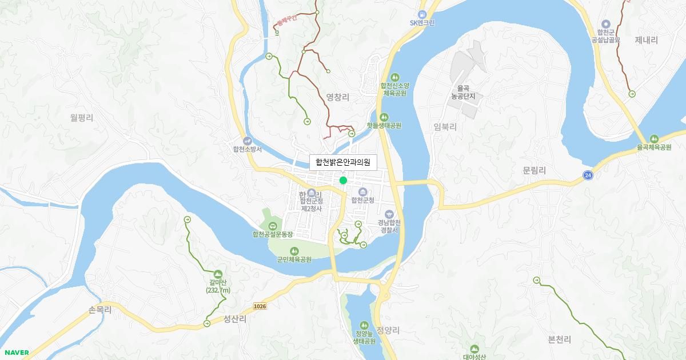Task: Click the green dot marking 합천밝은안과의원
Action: [343, 181]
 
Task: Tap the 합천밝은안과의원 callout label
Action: [343, 162]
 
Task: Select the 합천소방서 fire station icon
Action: [247, 141]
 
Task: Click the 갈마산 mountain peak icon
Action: [218, 274]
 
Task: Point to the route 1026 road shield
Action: [260, 306]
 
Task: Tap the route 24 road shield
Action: [588, 175]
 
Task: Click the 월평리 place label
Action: [82, 118]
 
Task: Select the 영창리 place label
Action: [337, 97]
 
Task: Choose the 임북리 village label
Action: [445, 127]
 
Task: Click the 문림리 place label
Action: [535, 170]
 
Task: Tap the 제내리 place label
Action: [647, 40]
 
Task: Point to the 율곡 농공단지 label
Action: [462, 92]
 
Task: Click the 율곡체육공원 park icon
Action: [653, 139]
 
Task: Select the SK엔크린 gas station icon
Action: [422, 14]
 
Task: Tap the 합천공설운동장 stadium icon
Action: [273, 226]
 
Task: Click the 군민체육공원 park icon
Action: [294, 251]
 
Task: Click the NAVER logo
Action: [16, 353]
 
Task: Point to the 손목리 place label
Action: [99, 309]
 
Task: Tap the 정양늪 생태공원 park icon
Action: [364, 325]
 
